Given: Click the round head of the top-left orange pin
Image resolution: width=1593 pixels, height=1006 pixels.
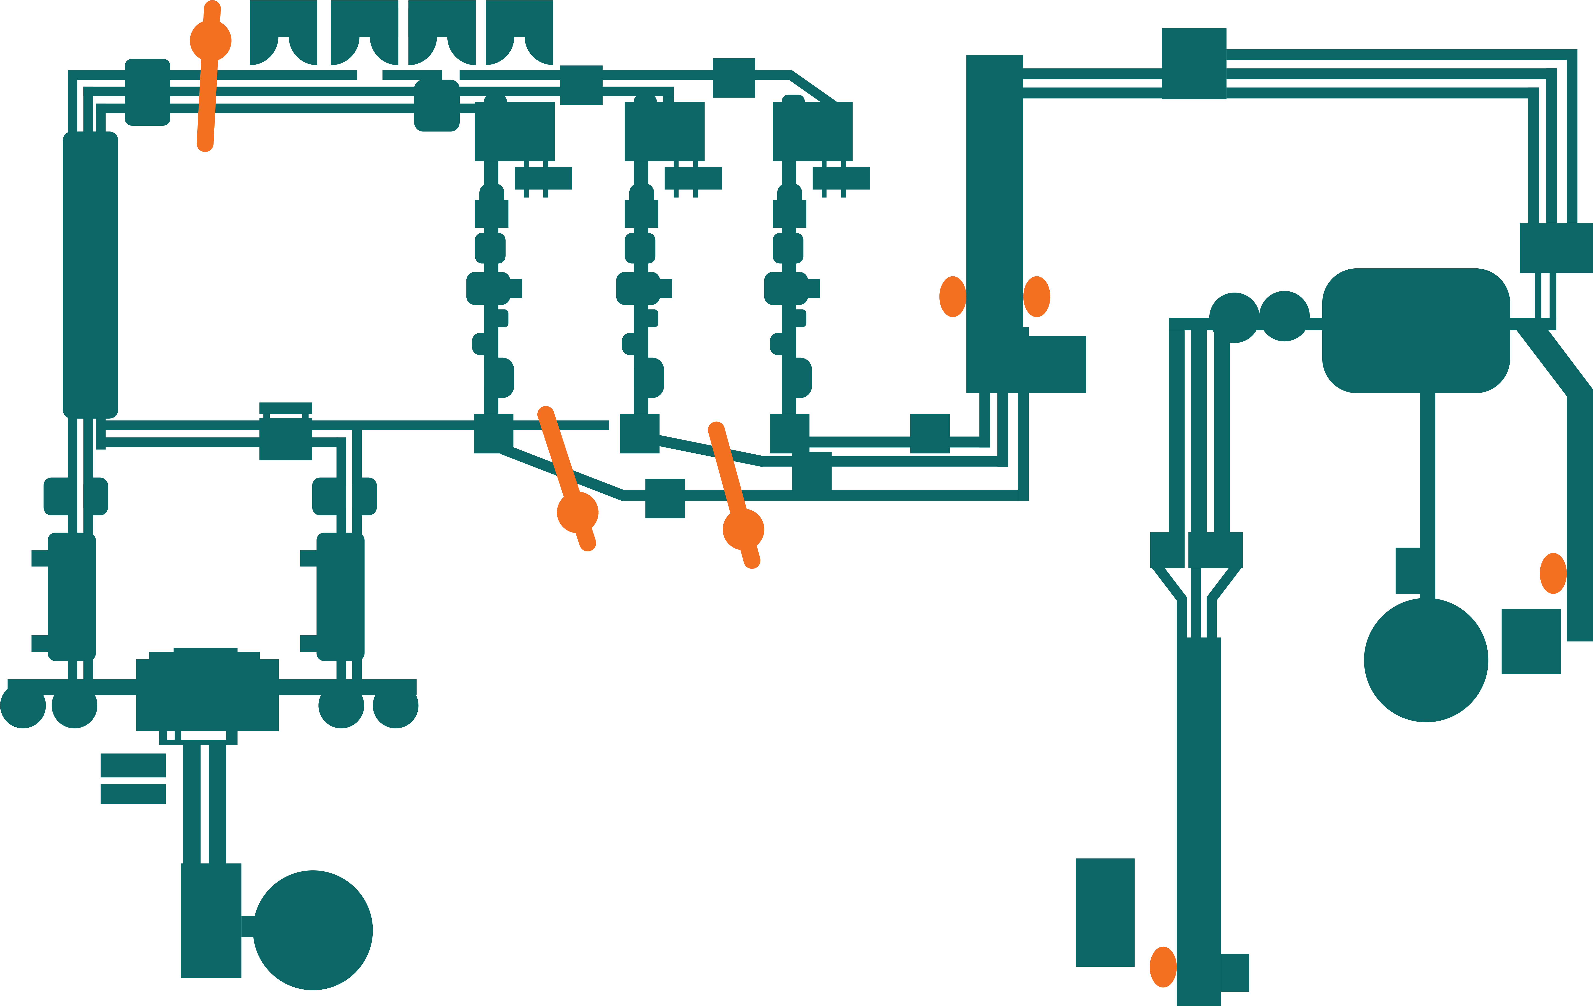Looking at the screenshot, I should tap(210, 41).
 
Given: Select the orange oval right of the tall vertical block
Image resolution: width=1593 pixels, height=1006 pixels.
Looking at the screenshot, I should tap(1037, 296).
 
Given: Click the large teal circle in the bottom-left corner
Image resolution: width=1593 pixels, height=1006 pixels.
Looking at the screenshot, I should tap(313, 930).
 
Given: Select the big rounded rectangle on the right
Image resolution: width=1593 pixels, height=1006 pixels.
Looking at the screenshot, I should tap(1416, 330).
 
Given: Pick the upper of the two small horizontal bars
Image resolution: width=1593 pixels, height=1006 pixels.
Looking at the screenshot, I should tap(133, 765).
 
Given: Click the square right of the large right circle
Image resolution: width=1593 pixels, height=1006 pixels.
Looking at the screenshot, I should tap(1531, 641).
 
